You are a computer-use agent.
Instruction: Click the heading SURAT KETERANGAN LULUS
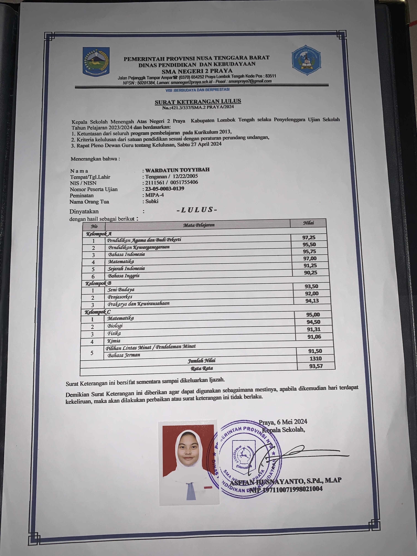click(x=198, y=101)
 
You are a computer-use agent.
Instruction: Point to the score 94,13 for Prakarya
click(x=312, y=300)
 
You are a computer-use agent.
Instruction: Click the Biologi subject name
click(x=115, y=326)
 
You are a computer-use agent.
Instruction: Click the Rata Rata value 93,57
click(x=316, y=366)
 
